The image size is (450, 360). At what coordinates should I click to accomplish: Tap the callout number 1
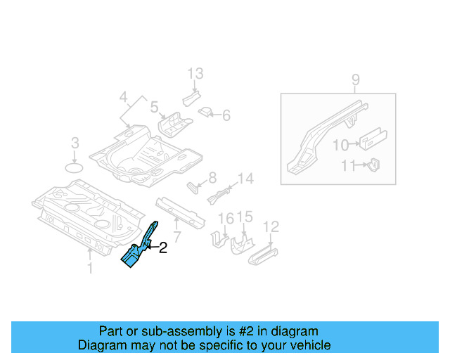[x=89, y=267]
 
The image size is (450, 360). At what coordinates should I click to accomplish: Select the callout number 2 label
[x=163, y=247]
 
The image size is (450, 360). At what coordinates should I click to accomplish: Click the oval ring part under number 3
[x=75, y=167]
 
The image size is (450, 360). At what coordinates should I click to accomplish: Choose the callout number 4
[x=123, y=97]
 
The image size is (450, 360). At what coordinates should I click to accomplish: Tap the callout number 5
[x=154, y=108]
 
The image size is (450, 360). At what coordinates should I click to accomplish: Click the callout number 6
[x=226, y=115]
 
